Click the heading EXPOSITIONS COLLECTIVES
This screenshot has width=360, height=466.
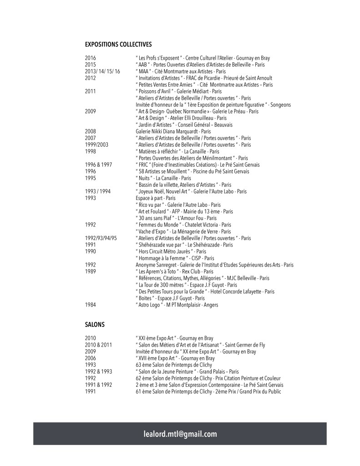(x=118, y=44)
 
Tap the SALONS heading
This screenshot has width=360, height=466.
(x=95, y=324)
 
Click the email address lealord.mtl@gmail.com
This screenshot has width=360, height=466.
(x=180, y=434)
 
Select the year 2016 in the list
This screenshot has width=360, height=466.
(x=91, y=58)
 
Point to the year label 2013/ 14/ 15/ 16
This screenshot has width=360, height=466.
(x=102, y=72)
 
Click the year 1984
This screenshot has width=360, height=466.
(x=91, y=305)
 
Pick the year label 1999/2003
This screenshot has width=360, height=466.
(x=96, y=145)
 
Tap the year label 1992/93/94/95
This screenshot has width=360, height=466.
(x=101, y=238)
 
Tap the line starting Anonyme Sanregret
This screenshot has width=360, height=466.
(x=214, y=265)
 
